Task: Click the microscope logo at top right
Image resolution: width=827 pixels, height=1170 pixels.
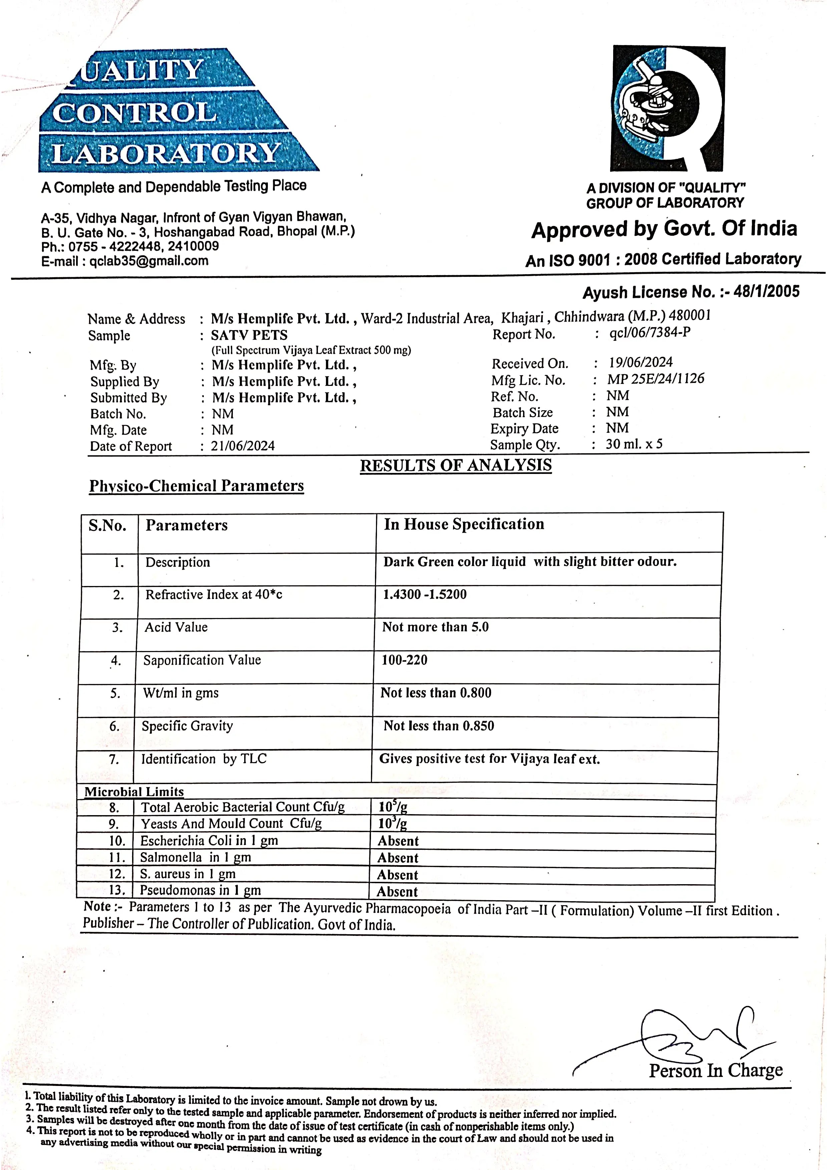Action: tap(668, 108)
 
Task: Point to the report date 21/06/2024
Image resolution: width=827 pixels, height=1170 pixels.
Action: tap(243, 446)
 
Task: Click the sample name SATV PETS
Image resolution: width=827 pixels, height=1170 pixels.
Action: tap(249, 335)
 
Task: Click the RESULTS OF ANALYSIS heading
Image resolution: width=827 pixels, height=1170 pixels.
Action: tap(456, 465)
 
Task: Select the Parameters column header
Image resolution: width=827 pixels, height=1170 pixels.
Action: tap(186, 525)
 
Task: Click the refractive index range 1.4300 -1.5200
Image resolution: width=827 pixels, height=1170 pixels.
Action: tap(424, 594)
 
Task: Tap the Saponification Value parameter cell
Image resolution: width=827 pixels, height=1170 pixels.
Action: tap(202, 660)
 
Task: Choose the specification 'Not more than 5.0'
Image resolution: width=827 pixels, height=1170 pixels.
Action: tap(435, 627)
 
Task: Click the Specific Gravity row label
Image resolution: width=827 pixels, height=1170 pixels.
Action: tap(187, 726)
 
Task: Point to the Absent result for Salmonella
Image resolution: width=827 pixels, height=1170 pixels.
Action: tap(397, 858)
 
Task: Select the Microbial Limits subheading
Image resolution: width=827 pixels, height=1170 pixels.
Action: tap(134, 792)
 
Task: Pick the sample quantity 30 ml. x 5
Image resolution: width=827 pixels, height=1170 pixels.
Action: tap(634, 444)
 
